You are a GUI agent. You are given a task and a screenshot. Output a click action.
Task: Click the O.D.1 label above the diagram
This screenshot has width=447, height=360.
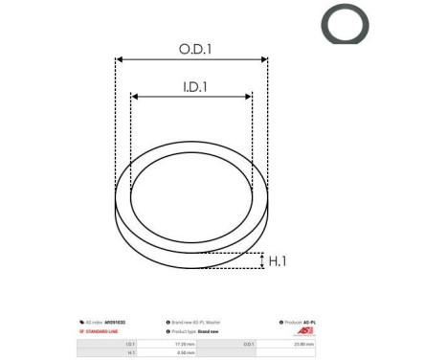click(x=196, y=49)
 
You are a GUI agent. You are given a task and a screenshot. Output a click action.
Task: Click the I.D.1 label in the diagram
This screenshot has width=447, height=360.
click(x=196, y=86)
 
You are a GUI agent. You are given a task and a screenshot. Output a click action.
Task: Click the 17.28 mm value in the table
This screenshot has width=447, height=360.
click(x=181, y=341)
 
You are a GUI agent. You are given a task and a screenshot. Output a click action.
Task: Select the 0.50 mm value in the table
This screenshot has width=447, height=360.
click(x=181, y=350)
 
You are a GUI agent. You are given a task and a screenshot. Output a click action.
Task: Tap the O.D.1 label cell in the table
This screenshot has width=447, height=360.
click(x=249, y=341)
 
